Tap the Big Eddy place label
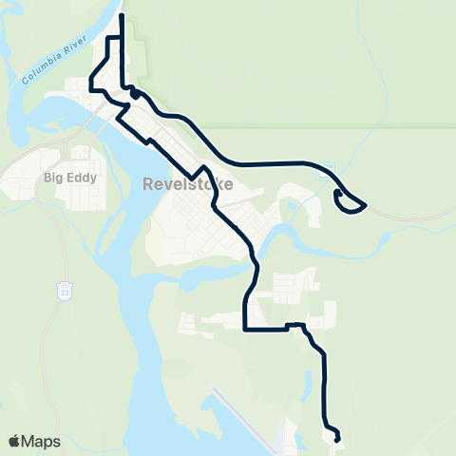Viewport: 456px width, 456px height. pos(65,176)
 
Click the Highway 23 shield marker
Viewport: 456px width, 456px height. pos(64,287)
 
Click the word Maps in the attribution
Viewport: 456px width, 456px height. pos(42,441)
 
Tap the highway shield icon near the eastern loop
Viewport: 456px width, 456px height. pos(326,171)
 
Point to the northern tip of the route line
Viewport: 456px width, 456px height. pos(122,15)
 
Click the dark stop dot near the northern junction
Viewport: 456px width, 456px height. pos(135,93)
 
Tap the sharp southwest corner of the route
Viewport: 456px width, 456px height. pos(246,330)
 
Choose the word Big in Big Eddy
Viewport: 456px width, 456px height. pos(51,176)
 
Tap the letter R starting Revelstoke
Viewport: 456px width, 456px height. pos(148,184)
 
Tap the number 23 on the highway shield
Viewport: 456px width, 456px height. pos(64,287)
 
